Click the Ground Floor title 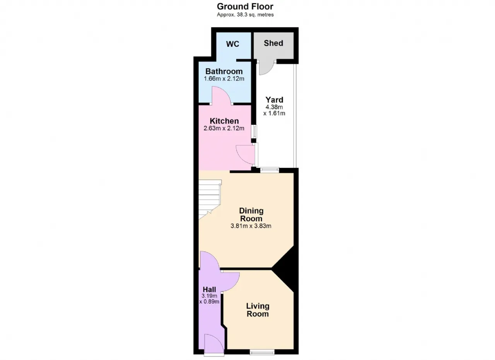click(x=245, y=7)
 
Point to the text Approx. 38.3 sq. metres click(x=245, y=15)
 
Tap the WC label click(x=232, y=44)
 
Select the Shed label click(x=273, y=43)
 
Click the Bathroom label click(x=224, y=72)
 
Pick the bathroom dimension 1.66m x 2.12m click(x=224, y=78)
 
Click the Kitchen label click(x=224, y=121)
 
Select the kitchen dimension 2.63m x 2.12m click(x=224, y=128)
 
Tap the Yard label click(x=274, y=100)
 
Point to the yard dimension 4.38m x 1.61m click(x=274, y=110)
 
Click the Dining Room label click(x=251, y=215)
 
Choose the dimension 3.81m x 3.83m click(x=251, y=226)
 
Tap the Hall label click(x=209, y=290)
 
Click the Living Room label click(x=258, y=310)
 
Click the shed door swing click(x=266, y=67)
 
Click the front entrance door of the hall click(x=214, y=345)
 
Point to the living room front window click(x=262, y=352)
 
